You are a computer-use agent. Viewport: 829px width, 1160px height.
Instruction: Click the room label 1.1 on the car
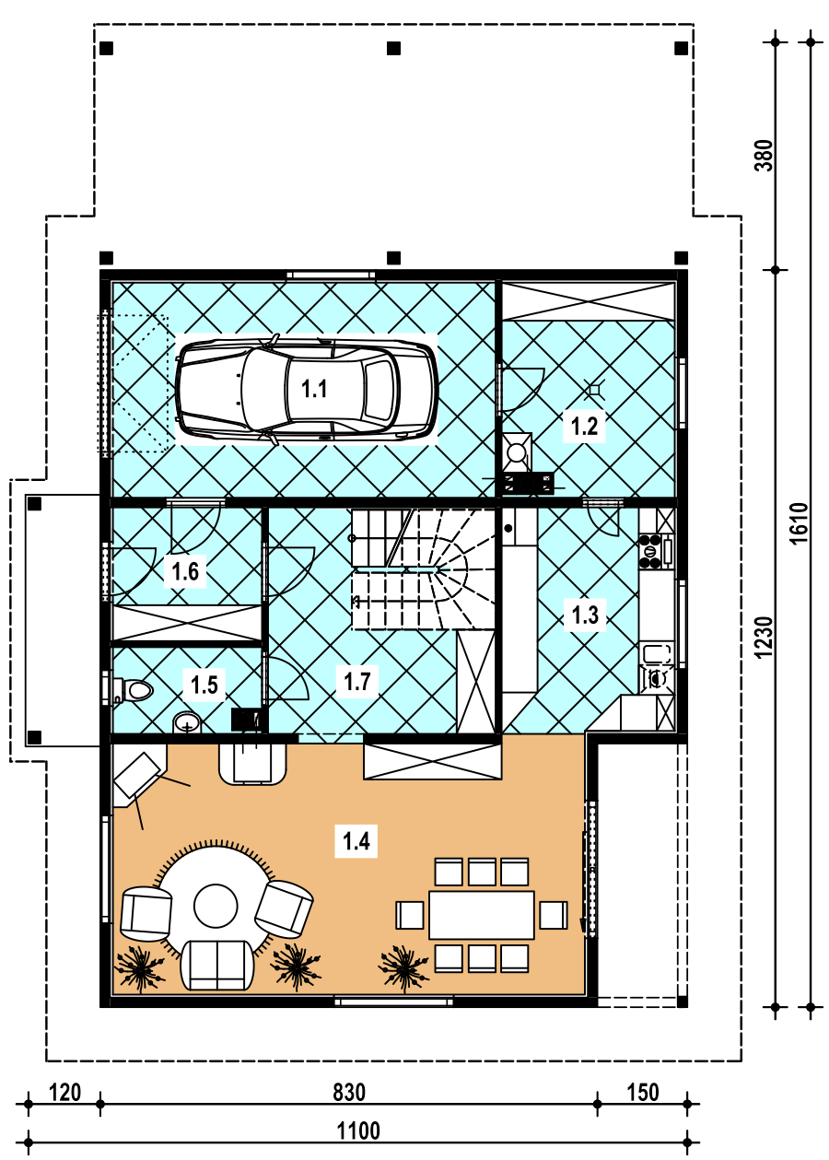[314, 389]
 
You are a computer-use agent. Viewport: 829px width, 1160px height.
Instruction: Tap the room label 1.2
[584, 427]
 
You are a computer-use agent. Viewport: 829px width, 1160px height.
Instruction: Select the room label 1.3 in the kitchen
[585, 615]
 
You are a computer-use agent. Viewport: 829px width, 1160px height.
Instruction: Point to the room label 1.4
[356, 841]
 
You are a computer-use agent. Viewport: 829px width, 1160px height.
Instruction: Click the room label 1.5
[204, 685]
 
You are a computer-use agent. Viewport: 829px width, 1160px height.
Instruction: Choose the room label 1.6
[185, 572]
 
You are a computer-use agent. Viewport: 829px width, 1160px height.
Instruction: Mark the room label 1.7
[357, 682]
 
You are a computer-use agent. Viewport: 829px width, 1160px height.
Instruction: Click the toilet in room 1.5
[134, 690]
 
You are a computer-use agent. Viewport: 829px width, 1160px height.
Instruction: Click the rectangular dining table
[482, 915]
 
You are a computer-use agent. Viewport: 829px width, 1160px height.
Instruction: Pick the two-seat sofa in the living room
[217, 966]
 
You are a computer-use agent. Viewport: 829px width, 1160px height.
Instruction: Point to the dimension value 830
[349, 1093]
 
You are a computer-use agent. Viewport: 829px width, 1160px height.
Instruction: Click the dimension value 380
[764, 156]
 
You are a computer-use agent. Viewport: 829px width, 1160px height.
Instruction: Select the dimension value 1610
[800, 523]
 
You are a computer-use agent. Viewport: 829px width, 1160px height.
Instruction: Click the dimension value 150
[643, 1093]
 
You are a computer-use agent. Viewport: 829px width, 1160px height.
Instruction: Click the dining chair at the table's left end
[410, 915]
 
